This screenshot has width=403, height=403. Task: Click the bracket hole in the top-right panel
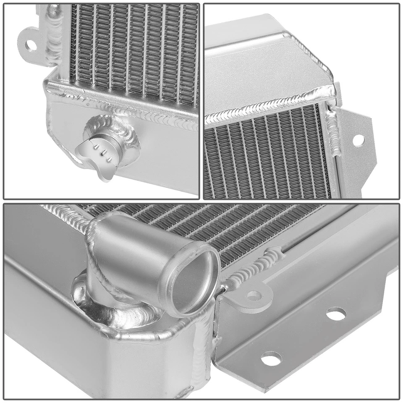pos(358,140)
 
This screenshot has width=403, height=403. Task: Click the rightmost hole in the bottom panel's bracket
pos(336,313)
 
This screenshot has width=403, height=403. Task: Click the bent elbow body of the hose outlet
pos(126,248)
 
